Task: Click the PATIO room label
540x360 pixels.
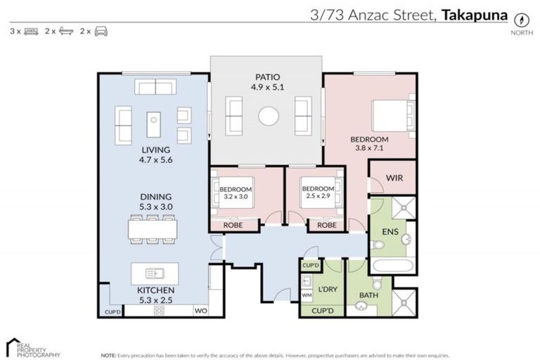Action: click(268, 77)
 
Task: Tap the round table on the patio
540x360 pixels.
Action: click(268, 115)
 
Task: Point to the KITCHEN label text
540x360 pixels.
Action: click(156, 290)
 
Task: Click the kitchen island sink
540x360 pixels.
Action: click(155, 273)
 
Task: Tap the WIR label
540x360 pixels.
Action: click(394, 178)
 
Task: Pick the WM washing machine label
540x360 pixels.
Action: click(307, 295)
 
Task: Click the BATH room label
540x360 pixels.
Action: click(368, 295)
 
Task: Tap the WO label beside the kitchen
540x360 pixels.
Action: click(200, 310)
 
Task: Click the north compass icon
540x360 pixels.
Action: click(522, 19)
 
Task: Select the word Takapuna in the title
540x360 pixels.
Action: click(474, 13)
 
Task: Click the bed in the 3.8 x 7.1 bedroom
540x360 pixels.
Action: click(389, 115)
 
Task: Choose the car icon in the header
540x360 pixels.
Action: click(101, 31)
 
